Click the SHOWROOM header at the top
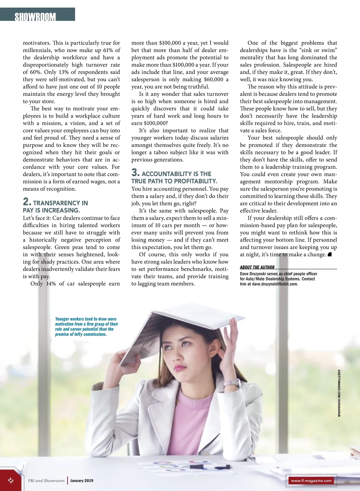click(35, 16)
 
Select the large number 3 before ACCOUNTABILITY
click(135, 172)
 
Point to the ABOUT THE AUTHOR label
click(257, 267)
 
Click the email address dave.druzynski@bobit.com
click(275, 284)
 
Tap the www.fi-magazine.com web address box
click(311, 481)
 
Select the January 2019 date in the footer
click(82, 481)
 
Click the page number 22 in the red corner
click(10, 480)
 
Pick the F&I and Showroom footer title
click(46, 481)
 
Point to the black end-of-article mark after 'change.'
click(329, 254)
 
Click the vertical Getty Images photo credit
click(339, 393)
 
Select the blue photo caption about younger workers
click(86, 327)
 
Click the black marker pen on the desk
click(210, 467)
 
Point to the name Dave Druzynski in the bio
click(253, 274)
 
